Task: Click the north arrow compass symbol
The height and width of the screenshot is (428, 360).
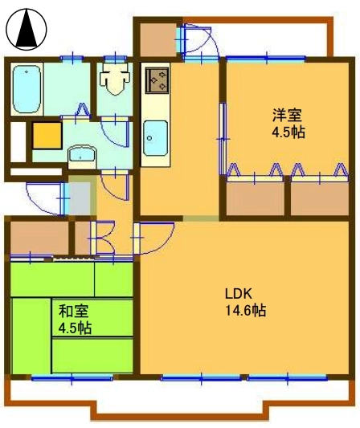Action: coord(27,29)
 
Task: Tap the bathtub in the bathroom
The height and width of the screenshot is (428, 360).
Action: coord(27,89)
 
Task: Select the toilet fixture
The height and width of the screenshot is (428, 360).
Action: coord(115,79)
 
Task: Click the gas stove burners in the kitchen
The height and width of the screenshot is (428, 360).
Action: coord(157,80)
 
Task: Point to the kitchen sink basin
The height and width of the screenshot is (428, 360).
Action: coord(155,137)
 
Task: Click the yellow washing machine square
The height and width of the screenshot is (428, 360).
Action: coord(47,136)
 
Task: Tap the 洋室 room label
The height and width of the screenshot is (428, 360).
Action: coord(287,115)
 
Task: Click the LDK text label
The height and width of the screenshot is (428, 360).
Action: coord(238,294)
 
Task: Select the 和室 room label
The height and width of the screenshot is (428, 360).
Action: coord(74,312)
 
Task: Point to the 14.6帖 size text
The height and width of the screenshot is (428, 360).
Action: coord(245,310)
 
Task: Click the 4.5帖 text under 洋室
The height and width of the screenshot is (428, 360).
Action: coord(288,132)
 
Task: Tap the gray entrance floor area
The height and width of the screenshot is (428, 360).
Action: coord(80,198)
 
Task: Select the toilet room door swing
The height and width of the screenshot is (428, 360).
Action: coord(115,132)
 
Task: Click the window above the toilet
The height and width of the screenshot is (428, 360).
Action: coord(115,58)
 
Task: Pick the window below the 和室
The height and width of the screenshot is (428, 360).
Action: coord(72,378)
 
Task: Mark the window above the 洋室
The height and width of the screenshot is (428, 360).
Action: coord(266,58)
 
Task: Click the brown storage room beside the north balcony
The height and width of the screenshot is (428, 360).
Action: coord(157,40)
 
